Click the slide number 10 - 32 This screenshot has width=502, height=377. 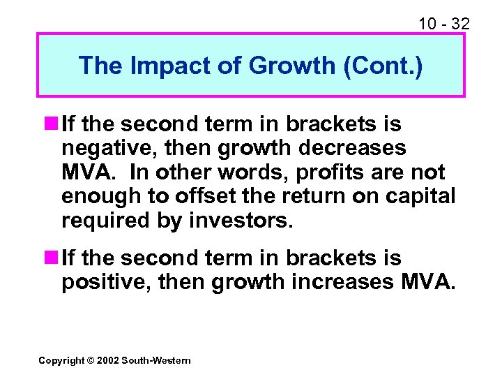tap(443, 24)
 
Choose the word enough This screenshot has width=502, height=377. tap(101, 197)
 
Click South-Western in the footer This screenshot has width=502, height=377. tap(155, 360)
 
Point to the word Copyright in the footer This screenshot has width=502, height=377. tap(61, 360)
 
